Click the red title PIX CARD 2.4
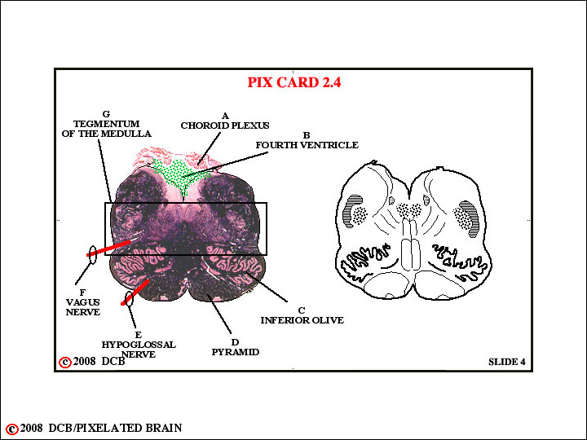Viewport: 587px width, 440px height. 294,82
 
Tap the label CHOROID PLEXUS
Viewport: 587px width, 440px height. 225,125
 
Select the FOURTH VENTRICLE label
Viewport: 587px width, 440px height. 307,145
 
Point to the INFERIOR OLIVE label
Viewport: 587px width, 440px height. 302,320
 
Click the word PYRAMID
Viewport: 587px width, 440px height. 236,352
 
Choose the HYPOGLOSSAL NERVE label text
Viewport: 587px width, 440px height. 139,350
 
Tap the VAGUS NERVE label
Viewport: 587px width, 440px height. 82,307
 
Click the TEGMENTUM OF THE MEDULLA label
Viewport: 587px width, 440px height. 107,129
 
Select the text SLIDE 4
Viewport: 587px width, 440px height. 507,362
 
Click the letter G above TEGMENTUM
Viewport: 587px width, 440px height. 106,114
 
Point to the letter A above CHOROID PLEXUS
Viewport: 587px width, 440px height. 225,116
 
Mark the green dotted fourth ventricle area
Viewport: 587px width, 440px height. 179,175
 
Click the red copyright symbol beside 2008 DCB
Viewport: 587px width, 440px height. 65,362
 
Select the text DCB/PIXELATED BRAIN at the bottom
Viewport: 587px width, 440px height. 115,428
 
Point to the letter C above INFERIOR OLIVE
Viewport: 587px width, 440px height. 302,310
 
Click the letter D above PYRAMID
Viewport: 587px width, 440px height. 235,342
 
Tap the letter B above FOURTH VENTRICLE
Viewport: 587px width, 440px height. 307,135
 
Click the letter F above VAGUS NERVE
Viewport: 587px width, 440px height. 82,293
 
